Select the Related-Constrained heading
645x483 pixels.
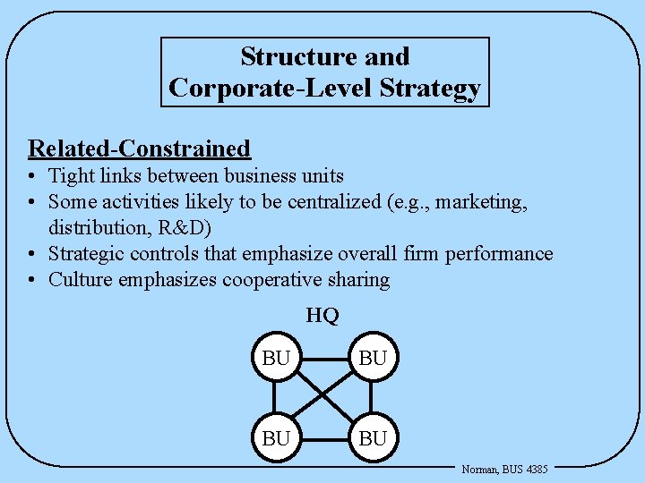pyautogui.click(x=139, y=148)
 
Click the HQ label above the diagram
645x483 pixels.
pyautogui.click(x=322, y=315)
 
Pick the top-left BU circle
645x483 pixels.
pyautogui.click(x=276, y=359)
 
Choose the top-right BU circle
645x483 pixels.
pyautogui.click(x=373, y=359)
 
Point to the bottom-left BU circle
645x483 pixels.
pyautogui.click(x=276, y=438)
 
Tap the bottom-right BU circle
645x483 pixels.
pyautogui.click(x=373, y=438)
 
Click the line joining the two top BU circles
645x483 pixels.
pyautogui.click(x=324, y=359)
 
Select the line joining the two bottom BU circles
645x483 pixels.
pyautogui.click(x=324, y=438)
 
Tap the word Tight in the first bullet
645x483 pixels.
pyautogui.click(x=70, y=176)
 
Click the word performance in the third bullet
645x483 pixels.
pyautogui.click(x=504, y=254)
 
